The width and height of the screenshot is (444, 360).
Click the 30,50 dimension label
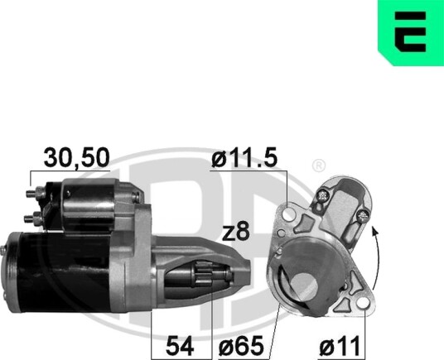click(x=76, y=157)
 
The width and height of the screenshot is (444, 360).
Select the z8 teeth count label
click(x=236, y=231)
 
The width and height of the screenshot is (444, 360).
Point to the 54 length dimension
click(x=180, y=346)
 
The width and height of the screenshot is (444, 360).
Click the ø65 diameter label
click(x=241, y=346)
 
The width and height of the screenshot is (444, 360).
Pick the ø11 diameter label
click(x=340, y=346)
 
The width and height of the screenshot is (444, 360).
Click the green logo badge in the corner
click(x=411, y=33)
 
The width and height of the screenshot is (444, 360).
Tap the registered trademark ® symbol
click(x=319, y=166)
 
